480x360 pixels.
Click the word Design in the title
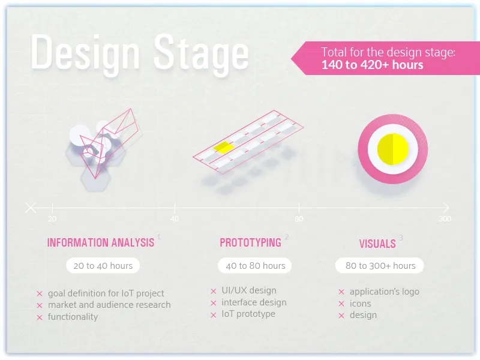[x=85, y=53]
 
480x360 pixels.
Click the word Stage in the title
[x=201, y=53]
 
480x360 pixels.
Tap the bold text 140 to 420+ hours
[x=372, y=65]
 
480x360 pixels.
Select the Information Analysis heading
[x=101, y=243]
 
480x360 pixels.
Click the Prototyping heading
[x=250, y=243]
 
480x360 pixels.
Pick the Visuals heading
[x=377, y=244]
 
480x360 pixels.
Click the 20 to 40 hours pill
[x=103, y=265]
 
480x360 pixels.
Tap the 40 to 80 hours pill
[x=255, y=265]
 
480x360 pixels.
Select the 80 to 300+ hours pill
[x=380, y=265]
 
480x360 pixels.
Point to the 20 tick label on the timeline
[x=52, y=219]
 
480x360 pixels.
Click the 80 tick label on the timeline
[x=299, y=219]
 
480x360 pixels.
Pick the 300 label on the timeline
[x=445, y=219]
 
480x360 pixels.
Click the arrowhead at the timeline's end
[x=445, y=208]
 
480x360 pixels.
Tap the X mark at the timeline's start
[x=31, y=208]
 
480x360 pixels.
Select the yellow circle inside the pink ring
[x=392, y=149]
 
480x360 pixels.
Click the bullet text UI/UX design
[x=248, y=290]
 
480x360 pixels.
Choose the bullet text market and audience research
[x=109, y=305]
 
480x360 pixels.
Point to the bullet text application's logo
[x=384, y=292]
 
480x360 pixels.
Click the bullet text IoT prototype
[x=248, y=314]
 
